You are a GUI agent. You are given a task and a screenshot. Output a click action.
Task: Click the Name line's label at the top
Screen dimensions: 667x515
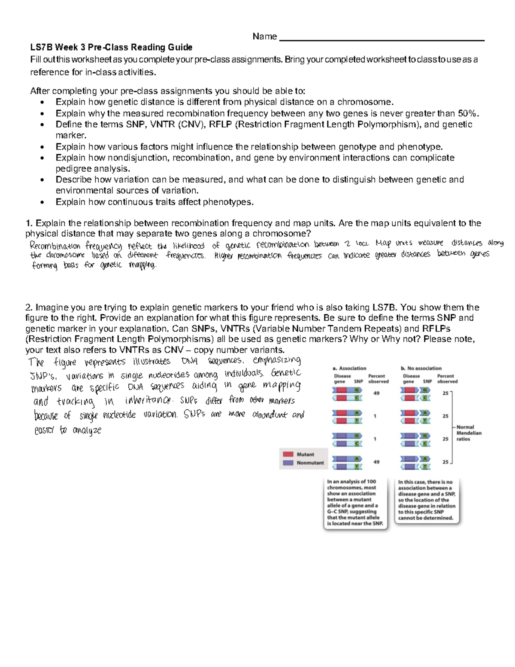pos(264,37)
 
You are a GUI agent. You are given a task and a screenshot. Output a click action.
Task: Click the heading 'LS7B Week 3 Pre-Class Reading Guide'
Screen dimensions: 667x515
pos(111,47)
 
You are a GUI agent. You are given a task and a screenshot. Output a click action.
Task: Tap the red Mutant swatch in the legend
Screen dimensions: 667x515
pos(288,454)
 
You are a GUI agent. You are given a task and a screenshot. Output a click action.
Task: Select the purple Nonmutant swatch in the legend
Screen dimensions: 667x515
pos(288,463)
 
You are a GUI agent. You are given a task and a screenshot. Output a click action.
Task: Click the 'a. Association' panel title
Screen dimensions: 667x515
pos(349,368)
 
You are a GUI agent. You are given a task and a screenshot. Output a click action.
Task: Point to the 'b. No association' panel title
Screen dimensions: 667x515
pos(421,368)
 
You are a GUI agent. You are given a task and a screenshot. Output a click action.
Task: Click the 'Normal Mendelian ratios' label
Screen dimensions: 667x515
pos(469,433)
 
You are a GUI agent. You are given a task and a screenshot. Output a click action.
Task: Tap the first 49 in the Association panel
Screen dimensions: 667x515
pos(376,393)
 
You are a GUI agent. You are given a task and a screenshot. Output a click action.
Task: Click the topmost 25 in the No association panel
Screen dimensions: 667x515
pos(445,393)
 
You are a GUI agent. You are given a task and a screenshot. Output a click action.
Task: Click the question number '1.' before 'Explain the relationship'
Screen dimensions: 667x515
pos(29,223)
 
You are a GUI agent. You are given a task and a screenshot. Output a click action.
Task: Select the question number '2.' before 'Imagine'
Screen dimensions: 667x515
pos(29,308)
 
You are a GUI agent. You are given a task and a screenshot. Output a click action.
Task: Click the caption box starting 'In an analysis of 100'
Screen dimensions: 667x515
pos(355,503)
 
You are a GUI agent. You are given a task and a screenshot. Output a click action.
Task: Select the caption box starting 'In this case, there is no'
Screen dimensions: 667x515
pos(427,500)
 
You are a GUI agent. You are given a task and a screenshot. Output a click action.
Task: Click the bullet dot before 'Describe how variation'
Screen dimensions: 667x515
pos(42,180)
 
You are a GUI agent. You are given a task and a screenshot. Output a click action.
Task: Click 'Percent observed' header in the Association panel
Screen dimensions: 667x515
pos(378,378)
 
